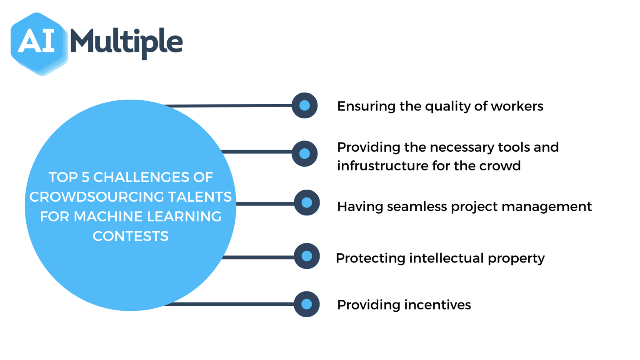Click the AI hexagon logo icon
pos(39,44)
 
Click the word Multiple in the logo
pos(127,43)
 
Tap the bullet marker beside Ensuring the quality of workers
pos(305,105)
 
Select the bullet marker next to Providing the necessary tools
pos(305,154)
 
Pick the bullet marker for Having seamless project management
pos(307,202)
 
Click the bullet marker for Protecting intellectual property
pos(307,256)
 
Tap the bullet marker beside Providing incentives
pos(307,304)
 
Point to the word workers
pos(517,106)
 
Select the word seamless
pos(417,206)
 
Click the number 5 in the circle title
pos(85,177)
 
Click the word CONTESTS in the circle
pos(131,236)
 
